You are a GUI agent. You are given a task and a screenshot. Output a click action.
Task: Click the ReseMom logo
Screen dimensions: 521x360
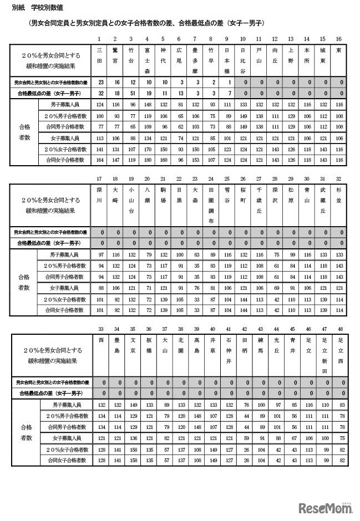(x=326, y=507)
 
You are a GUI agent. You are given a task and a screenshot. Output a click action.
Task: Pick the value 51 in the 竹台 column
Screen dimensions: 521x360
(x=131, y=94)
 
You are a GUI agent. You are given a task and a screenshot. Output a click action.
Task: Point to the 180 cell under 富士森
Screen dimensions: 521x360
(x=146, y=160)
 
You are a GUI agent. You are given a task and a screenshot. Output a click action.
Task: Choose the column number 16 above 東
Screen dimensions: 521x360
(x=339, y=39)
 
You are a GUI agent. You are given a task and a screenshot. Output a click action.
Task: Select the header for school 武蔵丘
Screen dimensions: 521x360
(x=323, y=201)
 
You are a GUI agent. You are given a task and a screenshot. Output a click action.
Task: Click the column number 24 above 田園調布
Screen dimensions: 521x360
(x=211, y=178)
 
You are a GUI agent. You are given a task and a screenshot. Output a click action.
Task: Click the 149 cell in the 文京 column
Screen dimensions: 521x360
(x=131, y=405)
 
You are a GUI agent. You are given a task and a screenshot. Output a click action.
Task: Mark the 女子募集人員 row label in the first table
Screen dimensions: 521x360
(x=63, y=137)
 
